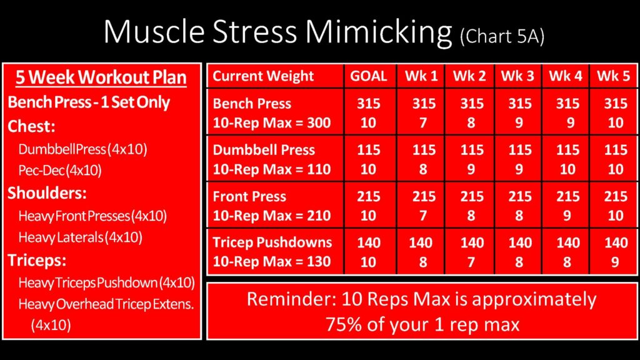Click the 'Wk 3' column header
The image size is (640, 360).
coord(517,76)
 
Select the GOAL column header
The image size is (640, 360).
coord(369,76)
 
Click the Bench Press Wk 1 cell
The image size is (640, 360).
coord(421,112)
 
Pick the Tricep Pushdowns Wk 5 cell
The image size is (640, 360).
coord(614,251)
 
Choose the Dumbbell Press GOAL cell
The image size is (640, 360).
coord(369,159)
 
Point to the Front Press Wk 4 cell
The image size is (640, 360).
coord(566,205)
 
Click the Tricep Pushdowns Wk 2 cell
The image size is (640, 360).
coord(470,251)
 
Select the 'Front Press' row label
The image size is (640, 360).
coord(249,196)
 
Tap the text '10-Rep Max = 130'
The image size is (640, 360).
coord(271,261)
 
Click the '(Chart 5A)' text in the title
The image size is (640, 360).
coord(502,37)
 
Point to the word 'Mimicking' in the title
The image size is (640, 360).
coord(379,32)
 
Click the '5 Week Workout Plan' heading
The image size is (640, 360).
coord(101,77)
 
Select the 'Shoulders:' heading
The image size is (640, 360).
coord(47,192)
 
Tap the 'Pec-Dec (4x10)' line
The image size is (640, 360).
coord(60,170)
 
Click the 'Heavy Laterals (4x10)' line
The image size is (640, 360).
coord(81,237)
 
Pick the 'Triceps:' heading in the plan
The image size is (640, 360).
coord(37,260)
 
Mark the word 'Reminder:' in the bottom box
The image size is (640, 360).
coord(291,299)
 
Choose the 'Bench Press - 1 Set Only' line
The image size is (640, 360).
coord(89,102)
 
